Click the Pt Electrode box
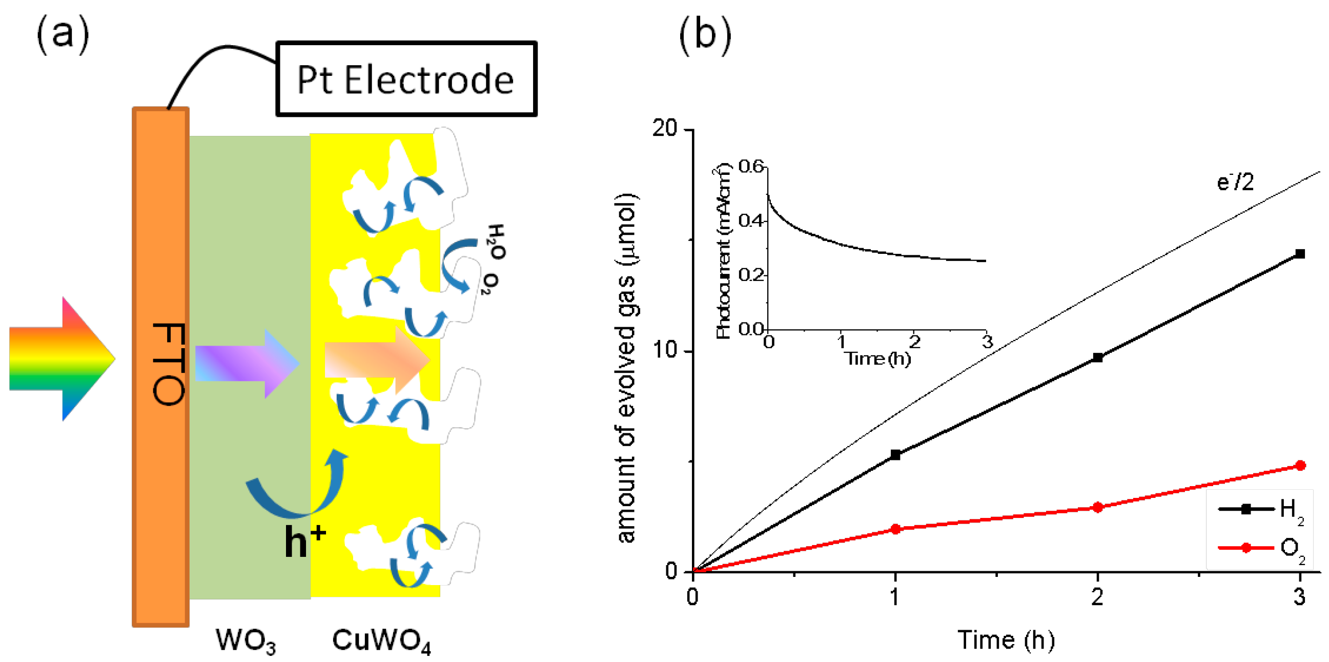point(406,79)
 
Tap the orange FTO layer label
point(168,364)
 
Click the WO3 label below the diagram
point(246,640)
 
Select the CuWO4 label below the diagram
point(381,640)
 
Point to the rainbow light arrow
point(62,359)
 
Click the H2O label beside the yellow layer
point(496,242)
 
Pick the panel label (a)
point(63,34)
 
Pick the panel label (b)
point(705,34)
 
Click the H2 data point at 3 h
point(1300,254)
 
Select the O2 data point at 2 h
point(1098,508)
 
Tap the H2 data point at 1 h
point(895,455)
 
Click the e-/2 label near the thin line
point(1235,182)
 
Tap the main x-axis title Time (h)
point(1006,640)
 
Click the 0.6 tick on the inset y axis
point(751,166)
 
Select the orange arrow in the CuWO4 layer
point(377,360)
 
